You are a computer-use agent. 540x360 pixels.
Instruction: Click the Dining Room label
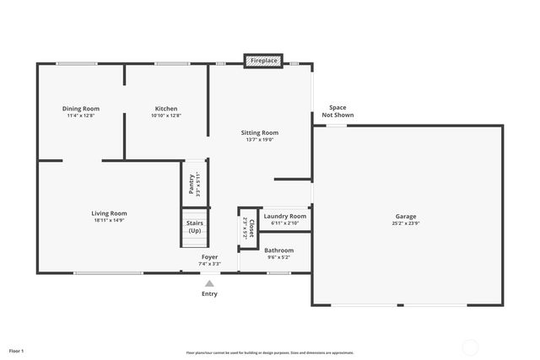point(81,109)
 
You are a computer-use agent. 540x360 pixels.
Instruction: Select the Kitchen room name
point(166,109)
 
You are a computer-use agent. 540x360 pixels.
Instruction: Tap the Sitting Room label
point(260,132)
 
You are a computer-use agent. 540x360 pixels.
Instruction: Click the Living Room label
point(109,213)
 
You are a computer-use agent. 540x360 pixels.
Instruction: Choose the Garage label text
point(406,217)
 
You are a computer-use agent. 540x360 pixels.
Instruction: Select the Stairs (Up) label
point(195,227)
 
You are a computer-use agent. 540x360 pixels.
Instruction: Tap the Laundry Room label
point(284,217)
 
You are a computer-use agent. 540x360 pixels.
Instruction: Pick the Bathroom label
point(278,250)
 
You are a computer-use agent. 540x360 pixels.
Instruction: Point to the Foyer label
point(209,256)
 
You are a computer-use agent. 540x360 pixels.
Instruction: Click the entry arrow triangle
point(209,283)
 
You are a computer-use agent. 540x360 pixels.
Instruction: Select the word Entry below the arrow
point(209,294)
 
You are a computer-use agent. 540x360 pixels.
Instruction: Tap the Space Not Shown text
point(337,111)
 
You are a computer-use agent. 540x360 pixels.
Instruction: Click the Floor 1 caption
point(17,350)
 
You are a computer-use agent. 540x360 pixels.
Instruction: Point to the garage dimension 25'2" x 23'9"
point(406,224)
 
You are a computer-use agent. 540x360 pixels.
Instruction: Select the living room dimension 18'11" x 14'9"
point(109,221)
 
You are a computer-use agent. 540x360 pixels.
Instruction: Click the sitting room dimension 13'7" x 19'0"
point(260,140)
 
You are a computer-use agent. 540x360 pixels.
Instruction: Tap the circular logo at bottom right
point(470,346)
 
